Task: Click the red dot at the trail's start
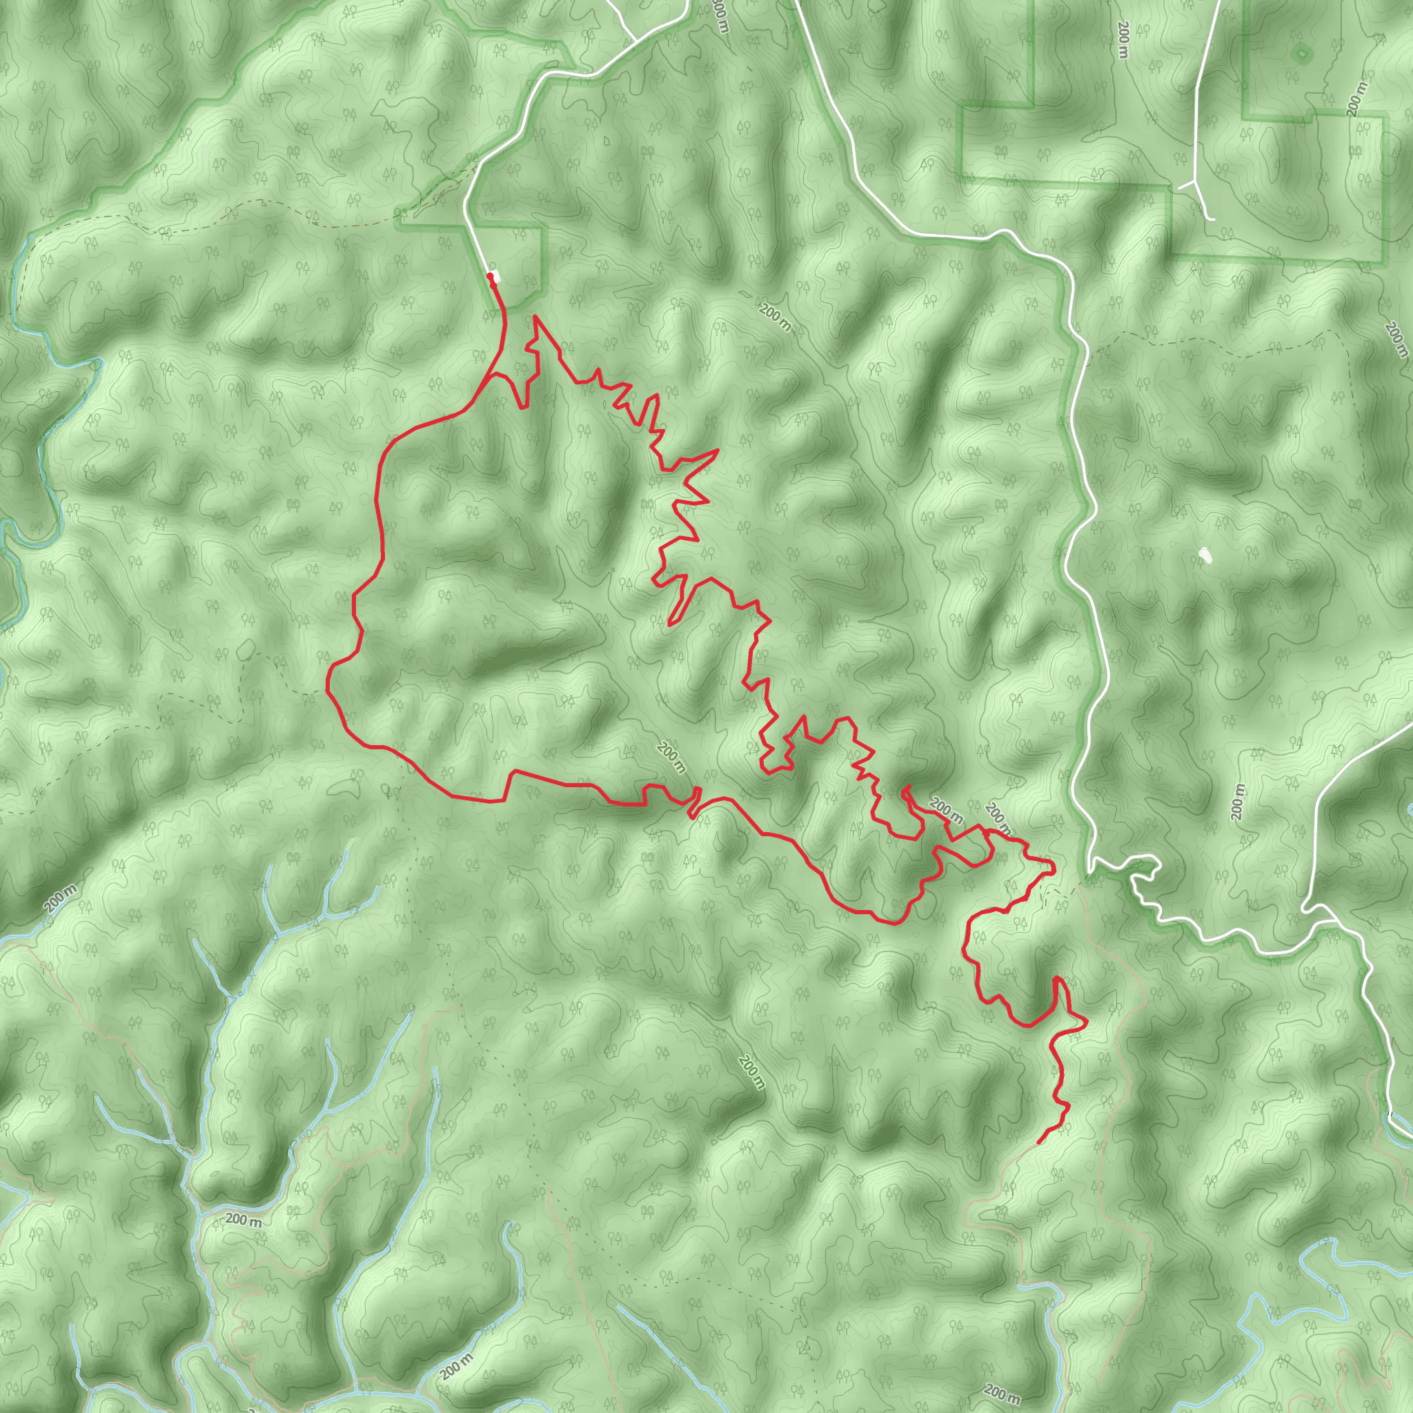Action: pos(489,276)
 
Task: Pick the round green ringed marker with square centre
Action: pos(1301,53)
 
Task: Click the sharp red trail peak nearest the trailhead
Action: pos(536,317)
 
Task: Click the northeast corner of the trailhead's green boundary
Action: pos(542,228)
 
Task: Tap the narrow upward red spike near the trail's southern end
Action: pos(1058,979)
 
